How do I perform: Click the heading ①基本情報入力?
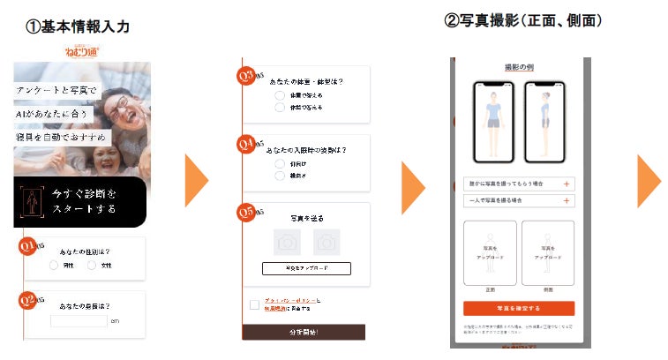[78, 27]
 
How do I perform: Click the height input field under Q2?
[79, 320]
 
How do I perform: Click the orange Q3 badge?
[249, 76]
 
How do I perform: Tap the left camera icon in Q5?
[287, 241]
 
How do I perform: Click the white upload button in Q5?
[306, 268]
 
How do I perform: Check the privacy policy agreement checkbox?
[254, 304]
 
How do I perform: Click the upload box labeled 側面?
[547, 251]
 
